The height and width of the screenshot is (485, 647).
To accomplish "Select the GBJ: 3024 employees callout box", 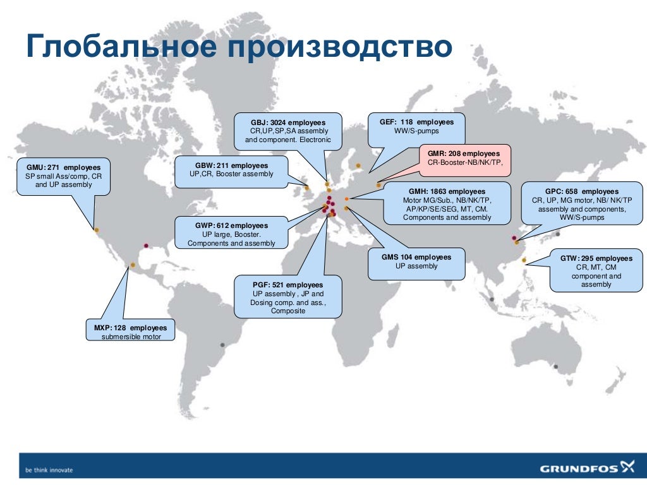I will click(x=287, y=131).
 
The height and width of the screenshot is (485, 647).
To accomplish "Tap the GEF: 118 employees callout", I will click(x=416, y=126).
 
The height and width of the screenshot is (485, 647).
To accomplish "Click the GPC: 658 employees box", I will click(x=581, y=204).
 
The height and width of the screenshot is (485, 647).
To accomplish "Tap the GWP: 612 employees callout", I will click(x=231, y=234).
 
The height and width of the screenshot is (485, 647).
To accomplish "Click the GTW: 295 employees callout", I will click(x=596, y=271).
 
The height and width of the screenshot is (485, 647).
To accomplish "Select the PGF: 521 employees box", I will click(x=287, y=297).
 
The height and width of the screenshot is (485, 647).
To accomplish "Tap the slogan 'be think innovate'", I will click(x=49, y=470).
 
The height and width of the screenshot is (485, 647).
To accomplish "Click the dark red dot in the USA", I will click(x=146, y=246).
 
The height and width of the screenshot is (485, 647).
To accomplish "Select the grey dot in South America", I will click(x=222, y=345).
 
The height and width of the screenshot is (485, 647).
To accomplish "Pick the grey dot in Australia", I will click(x=555, y=366).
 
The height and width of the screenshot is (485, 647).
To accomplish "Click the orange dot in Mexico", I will click(x=133, y=265).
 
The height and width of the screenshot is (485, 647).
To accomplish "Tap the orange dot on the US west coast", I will click(x=97, y=230).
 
